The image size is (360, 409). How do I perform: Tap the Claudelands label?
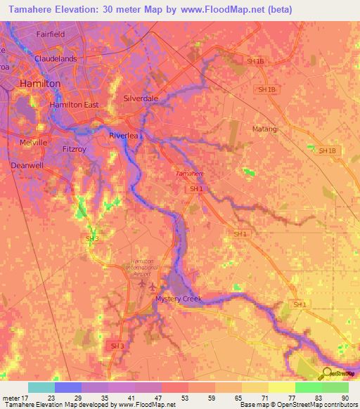(56, 59)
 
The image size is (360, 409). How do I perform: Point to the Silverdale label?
(141, 99)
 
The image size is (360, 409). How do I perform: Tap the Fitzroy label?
(74, 149)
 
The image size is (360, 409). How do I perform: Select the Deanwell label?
(27, 166)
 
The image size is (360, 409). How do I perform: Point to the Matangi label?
(265, 129)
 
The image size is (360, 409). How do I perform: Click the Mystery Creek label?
(178, 299)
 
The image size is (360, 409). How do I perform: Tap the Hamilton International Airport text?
(147, 268)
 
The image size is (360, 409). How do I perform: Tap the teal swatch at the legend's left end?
(41, 387)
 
